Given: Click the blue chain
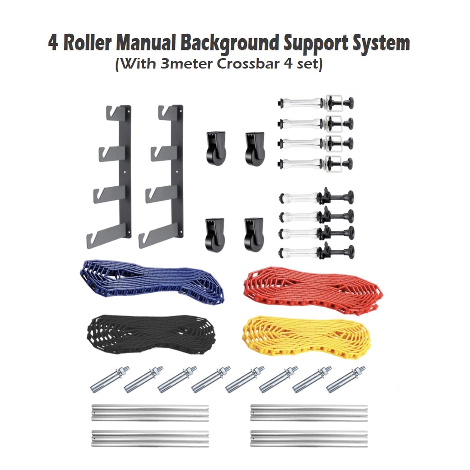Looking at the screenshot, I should (x=151, y=281).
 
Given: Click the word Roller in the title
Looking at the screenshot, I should (x=87, y=44).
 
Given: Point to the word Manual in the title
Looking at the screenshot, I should (x=146, y=44).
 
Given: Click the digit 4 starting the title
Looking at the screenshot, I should (x=53, y=44).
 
